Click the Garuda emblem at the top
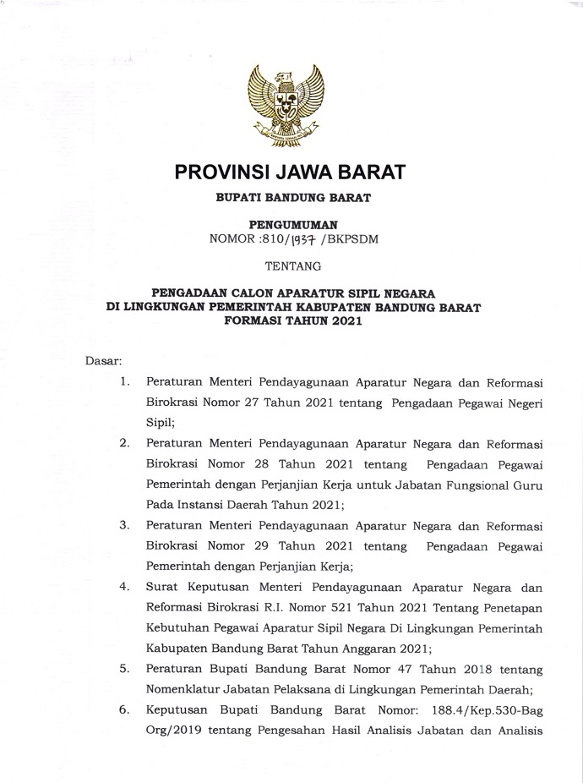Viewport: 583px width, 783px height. (x=290, y=104)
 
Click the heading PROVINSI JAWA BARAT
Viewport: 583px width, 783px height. (x=290, y=172)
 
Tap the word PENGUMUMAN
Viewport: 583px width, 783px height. (x=290, y=225)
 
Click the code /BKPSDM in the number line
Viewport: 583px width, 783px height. (x=355, y=239)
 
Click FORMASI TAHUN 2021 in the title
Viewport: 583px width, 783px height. (x=290, y=322)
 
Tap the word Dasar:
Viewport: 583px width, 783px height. (x=103, y=362)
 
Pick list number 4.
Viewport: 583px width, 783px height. (x=124, y=585)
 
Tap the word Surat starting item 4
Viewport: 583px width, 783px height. (x=164, y=585)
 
